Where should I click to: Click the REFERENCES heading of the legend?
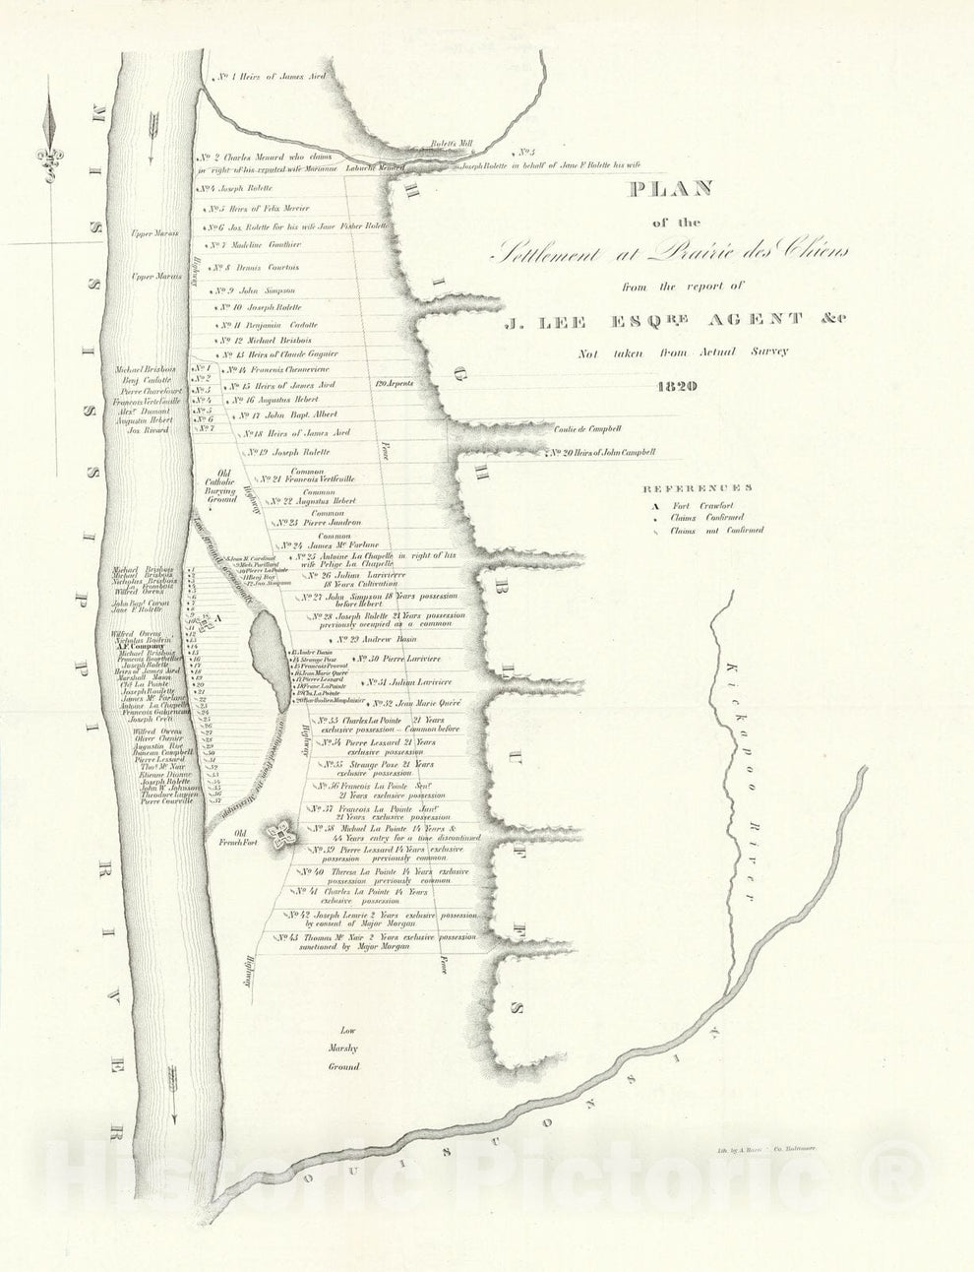click(x=698, y=487)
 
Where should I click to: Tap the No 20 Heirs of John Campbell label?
click(x=602, y=453)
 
